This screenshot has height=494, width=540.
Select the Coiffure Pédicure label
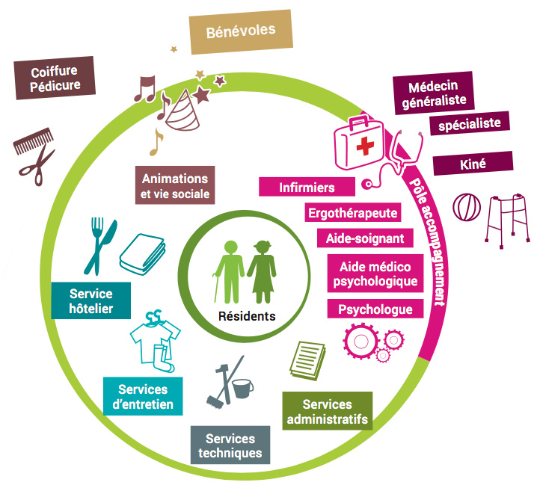pyautogui.click(x=55, y=78)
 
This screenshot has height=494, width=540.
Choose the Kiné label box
pyautogui.click(x=473, y=163)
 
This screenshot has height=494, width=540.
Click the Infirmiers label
pyautogui.click(x=307, y=188)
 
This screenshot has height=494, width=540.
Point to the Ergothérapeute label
pyautogui.click(x=352, y=213)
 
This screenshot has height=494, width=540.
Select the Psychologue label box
pyautogui.click(x=375, y=309)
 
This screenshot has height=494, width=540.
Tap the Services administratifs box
pyautogui.click(x=327, y=412)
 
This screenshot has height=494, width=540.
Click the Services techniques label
pyautogui.click(x=230, y=445)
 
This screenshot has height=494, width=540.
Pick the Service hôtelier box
pyautogui.click(x=90, y=301)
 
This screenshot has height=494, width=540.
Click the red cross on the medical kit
pyautogui.click(x=366, y=146)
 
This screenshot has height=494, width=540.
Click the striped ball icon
pyautogui.click(x=467, y=206)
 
